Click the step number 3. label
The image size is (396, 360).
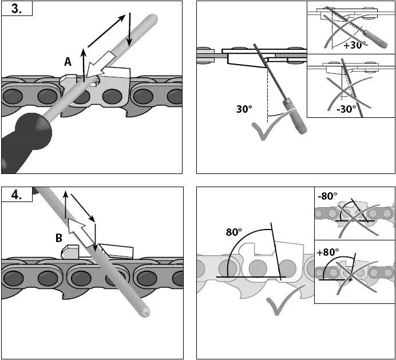pyautogui.click(x=16, y=10)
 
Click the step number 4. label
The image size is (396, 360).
pyautogui.click(x=16, y=195)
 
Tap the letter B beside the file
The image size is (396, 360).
pyautogui.click(x=59, y=239)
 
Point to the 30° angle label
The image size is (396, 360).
pyautogui.click(x=245, y=109)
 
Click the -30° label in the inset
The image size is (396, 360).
pyautogui.click(x=346, y=108)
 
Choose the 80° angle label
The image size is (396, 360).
pyautogui.click(x=234, y=232)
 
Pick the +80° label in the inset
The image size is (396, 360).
pyautogui.click(x=328, y=252)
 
